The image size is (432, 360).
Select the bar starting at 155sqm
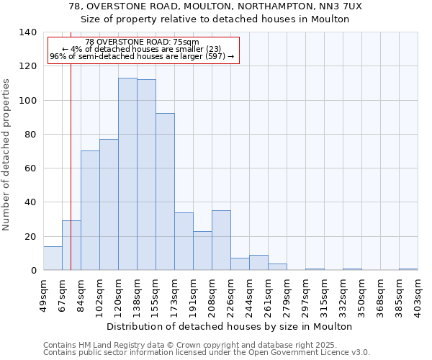[165, 192]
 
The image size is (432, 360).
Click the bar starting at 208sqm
[221, 240]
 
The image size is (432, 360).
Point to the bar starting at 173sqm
[184, 241]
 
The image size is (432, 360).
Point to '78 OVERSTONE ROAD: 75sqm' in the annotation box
[141, 42]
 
